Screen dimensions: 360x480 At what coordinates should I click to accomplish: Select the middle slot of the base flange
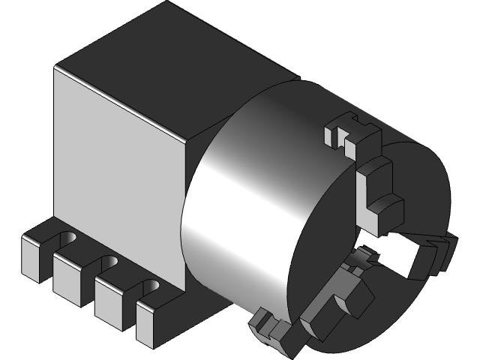[x=108, y=265]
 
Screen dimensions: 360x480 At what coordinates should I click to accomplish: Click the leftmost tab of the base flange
[x=33, y=258]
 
